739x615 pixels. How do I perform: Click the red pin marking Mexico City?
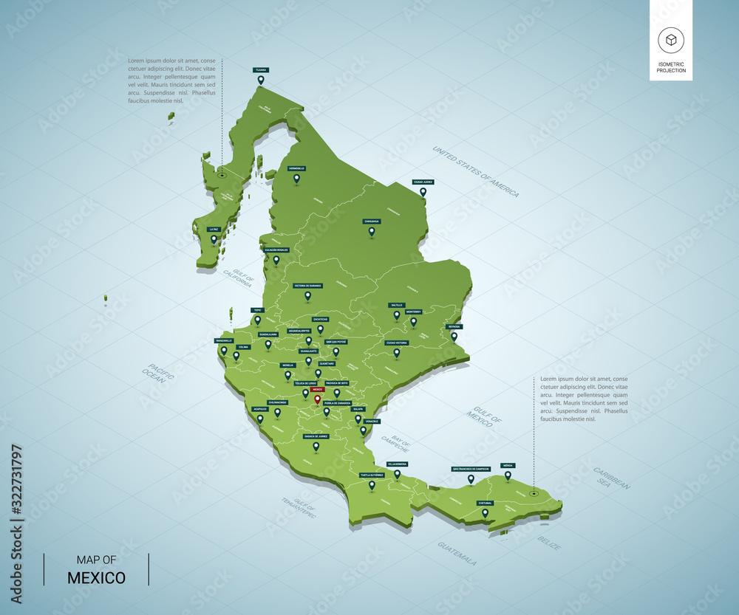317,399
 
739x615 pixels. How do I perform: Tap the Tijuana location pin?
260,80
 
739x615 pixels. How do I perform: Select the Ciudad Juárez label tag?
423,182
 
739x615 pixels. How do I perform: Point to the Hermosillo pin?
296,178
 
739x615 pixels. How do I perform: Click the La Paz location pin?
214,238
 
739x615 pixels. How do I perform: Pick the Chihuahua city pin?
372,231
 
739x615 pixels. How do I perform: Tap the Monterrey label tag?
414,312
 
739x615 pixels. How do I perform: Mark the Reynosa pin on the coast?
454,336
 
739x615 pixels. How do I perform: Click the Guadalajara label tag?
268,334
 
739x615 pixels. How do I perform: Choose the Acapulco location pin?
259,419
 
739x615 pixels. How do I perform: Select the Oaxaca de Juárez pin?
316,446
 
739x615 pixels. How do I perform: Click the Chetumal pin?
485,512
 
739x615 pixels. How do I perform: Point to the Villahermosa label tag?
397,464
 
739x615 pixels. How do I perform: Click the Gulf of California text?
238,278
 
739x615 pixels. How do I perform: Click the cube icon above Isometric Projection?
671,41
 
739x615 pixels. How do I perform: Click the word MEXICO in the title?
96,577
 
